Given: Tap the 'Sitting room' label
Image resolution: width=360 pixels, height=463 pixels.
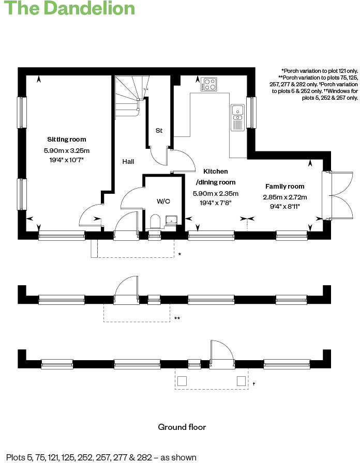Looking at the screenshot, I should point(66,140).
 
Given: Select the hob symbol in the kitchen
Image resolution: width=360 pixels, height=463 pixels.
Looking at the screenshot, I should point(209,84).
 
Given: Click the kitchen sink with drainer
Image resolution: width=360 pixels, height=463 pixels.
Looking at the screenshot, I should point(237,117).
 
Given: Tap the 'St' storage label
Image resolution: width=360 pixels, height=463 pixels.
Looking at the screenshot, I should point(159,131).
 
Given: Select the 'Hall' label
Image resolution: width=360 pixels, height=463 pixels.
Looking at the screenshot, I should point(128,162).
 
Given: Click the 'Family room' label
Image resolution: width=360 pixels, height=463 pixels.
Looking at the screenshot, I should point(284,186).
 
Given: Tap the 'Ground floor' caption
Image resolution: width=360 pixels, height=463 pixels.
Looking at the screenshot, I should point(182,427).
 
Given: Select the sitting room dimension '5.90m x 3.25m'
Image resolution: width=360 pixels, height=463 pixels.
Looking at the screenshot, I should point(67,151).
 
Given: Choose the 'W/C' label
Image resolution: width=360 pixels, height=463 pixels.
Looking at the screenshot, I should point(164,201).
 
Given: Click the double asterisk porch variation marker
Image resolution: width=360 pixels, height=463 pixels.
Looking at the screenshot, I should point(177,318).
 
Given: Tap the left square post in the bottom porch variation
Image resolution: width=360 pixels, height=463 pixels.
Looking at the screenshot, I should point(182,381).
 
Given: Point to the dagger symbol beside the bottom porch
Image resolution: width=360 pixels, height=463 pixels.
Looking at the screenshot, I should point(254,384).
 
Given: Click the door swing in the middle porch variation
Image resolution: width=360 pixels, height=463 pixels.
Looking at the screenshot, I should point(126,287).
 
